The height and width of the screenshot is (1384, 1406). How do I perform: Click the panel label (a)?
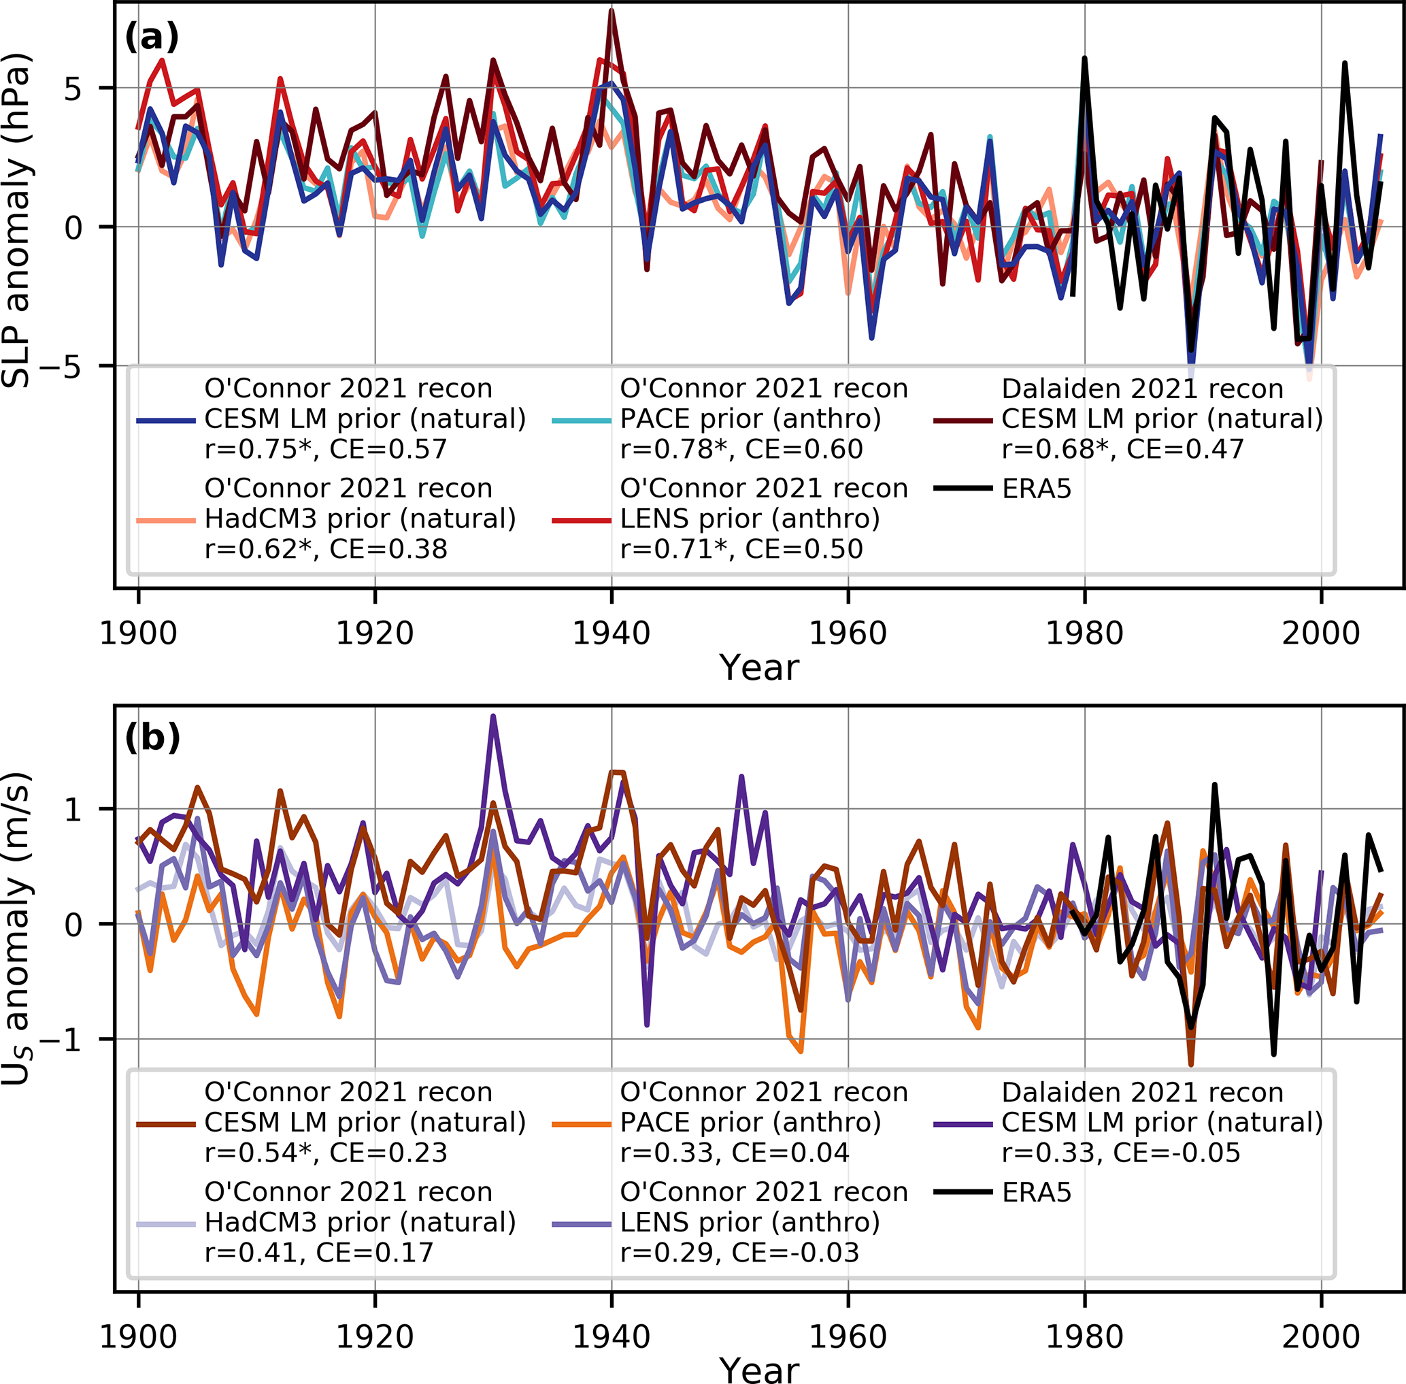click(151, 36)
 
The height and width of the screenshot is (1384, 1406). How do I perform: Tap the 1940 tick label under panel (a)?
click(611, 633)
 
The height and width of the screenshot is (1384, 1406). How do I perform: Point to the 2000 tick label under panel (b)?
click(1320, 1337)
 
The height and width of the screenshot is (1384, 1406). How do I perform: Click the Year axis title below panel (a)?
click(758, 668)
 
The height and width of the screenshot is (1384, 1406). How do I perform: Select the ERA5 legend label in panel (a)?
click(1036, 489)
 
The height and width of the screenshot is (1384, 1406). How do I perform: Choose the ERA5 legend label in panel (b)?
click(1036, 1192)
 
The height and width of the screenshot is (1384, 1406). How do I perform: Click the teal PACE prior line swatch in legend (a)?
click(582, 420)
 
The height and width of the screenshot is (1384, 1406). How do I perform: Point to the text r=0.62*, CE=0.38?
click(326, 549)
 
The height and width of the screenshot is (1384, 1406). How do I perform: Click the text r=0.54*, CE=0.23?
click(326, 1153)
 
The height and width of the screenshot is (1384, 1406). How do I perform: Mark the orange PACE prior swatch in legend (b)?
click(582, 1125)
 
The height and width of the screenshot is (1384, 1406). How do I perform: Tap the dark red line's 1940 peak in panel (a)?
click(612, 10)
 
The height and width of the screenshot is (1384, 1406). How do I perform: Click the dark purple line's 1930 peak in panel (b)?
click(493, 716)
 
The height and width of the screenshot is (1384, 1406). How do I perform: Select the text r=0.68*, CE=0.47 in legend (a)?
click(1122, 449)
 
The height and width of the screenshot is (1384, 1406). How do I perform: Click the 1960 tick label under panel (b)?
click(848, 1337)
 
